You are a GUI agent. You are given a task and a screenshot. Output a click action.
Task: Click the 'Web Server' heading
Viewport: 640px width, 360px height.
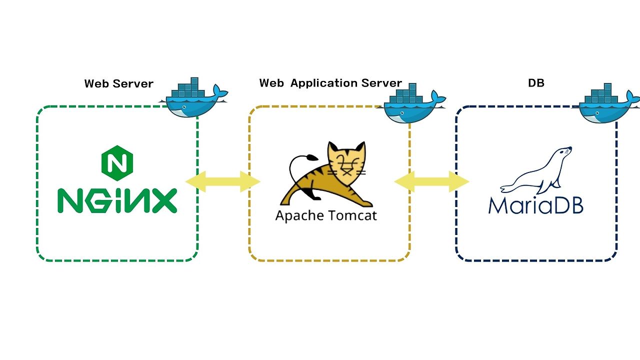[118, 83]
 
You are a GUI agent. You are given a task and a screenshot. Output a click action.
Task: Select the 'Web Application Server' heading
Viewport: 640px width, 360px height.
[330, 83]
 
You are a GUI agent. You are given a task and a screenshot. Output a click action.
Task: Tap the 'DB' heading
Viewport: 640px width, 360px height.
[536, 83]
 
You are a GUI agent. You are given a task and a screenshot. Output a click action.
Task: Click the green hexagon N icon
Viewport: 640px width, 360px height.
[117, 163]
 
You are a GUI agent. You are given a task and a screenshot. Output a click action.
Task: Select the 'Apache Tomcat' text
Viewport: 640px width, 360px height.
[326, 215]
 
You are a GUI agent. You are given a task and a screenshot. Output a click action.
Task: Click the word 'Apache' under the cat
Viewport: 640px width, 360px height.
[299, 215]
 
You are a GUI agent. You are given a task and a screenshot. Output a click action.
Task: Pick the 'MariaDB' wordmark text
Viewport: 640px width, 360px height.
[535, 204]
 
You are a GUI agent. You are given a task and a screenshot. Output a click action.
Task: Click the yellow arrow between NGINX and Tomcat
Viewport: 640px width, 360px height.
[223, 181]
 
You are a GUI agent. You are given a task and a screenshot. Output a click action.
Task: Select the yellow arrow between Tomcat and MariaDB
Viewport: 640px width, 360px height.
[432, 181]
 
